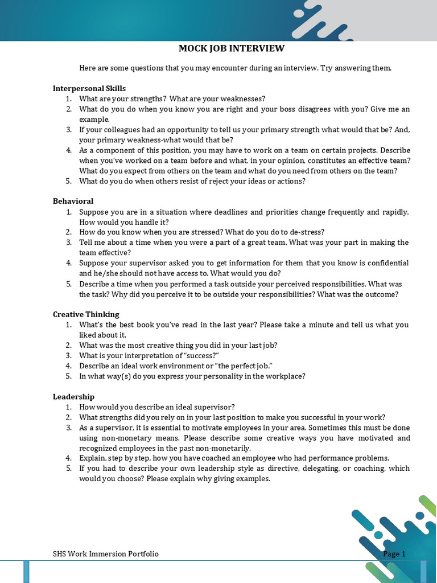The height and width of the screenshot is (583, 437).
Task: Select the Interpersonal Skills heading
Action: point(89,88)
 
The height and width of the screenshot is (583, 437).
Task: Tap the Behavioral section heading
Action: point(73,201)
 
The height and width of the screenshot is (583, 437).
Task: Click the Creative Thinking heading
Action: point(86,314)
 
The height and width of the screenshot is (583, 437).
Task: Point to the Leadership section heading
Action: point(73,396)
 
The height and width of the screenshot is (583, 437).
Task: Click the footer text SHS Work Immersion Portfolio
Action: point(106,554)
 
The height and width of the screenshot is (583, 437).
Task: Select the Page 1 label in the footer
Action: point(394,554)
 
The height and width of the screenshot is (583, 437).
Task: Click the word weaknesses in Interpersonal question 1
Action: point(241,98)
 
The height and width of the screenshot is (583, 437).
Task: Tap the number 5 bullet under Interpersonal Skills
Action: point(68,181)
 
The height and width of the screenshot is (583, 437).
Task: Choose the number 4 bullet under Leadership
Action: point(68,458)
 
